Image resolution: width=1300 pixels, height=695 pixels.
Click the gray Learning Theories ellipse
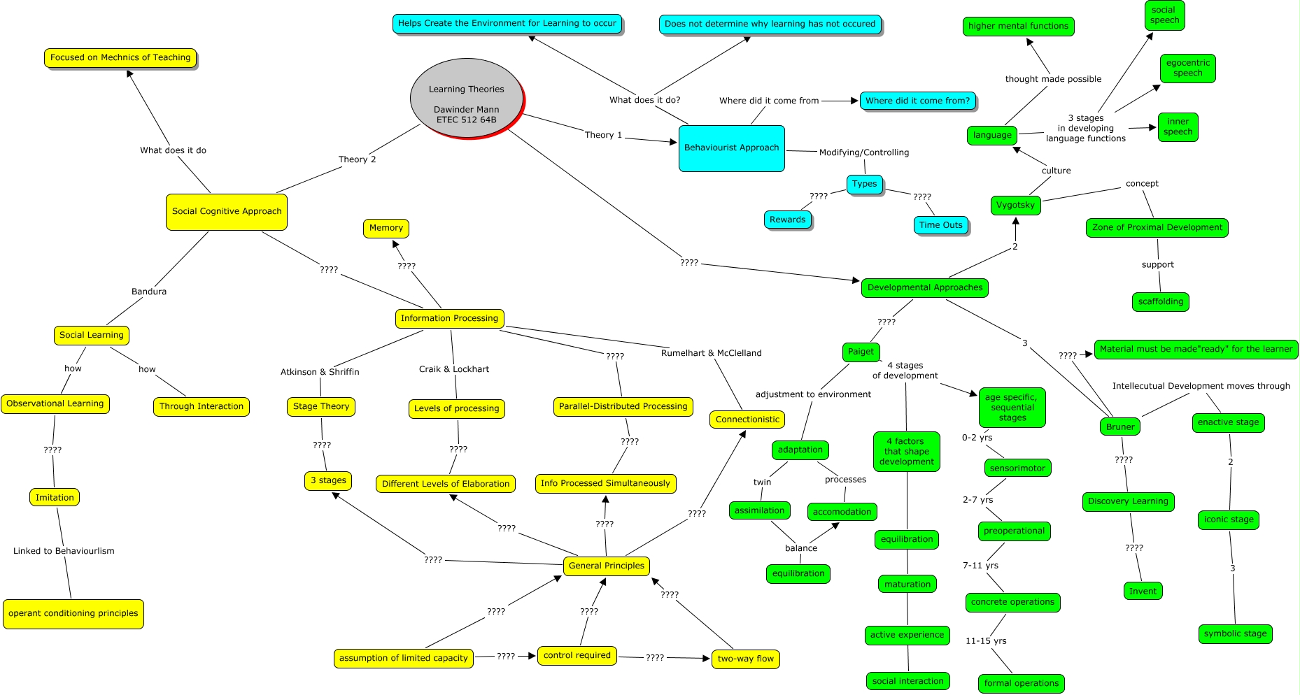click(466, 99)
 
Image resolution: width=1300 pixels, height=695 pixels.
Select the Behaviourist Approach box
click(731, 148)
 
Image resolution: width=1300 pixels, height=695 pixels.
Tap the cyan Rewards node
click(787, 220)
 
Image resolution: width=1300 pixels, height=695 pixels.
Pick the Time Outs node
click(940, 225)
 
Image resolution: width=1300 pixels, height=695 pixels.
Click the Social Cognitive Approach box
click(226, 211)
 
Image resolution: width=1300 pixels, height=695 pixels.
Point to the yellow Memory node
click(386, 228)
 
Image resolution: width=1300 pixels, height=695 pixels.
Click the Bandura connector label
click(149, 292)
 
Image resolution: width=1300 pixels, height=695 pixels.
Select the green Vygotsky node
click(1015, 205)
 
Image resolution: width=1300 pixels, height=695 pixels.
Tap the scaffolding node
click(1160, 301)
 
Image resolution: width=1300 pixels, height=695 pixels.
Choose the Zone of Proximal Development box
click(1157, 227)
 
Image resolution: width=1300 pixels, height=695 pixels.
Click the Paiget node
click(861, 352)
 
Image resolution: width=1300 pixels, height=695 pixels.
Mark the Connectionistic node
click(747, 420)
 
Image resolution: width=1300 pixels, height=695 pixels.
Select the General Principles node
click(606, 566)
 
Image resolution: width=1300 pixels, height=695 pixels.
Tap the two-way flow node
click(745, 659)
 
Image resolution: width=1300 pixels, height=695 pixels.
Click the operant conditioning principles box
click(73, 614)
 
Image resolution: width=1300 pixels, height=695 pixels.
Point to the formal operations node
click(1021, 683)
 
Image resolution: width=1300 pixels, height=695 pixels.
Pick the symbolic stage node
click(1235, 633)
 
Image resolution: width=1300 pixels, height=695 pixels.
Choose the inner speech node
click(1178, 127)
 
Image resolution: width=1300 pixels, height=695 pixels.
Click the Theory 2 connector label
click(357, 159)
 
